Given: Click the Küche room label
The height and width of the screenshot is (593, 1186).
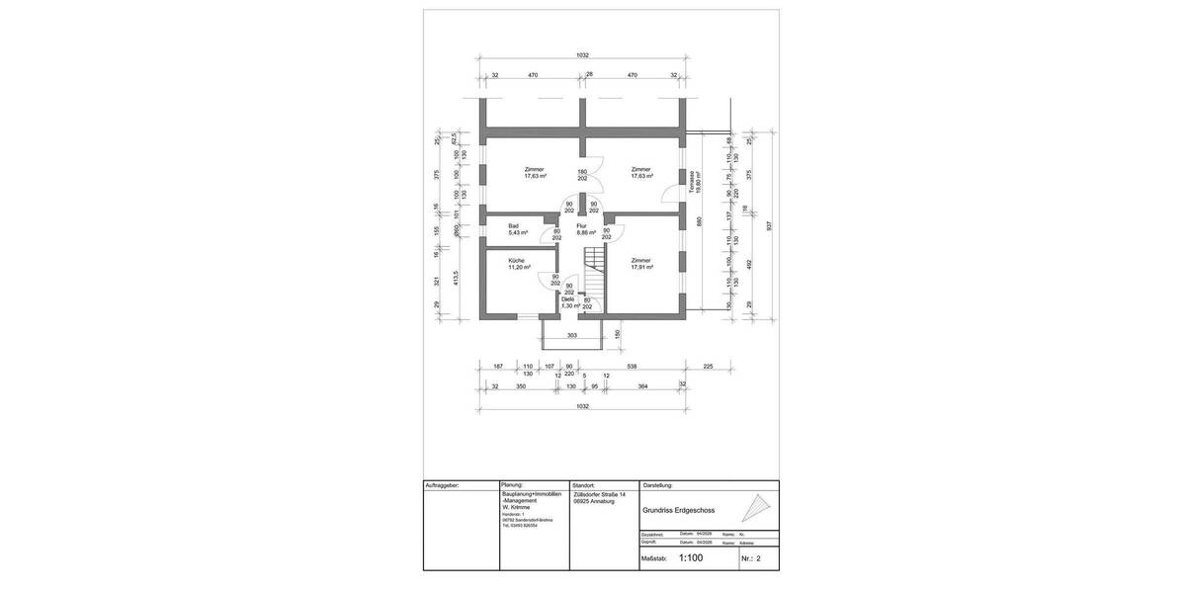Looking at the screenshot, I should coord(518,260).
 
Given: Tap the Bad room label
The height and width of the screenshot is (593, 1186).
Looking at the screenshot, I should coord(514,226).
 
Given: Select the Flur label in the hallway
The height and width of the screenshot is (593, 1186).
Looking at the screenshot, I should coord(581,226).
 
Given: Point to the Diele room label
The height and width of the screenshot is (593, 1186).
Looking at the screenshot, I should coord(567,299).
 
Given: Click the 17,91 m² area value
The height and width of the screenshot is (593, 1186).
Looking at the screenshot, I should coord(642,267).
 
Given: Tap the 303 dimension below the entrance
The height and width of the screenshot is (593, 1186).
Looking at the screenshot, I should coord(572,336).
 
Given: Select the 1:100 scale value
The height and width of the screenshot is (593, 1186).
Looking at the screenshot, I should coord(691,558).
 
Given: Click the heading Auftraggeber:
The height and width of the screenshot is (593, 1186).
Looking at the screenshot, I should coord(443,486).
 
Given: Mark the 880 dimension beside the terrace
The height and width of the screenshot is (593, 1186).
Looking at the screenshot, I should coord(699,222).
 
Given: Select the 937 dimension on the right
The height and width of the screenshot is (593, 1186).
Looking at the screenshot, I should coord(767,223).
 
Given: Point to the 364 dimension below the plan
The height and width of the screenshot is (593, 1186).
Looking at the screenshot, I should coord(642,385).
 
